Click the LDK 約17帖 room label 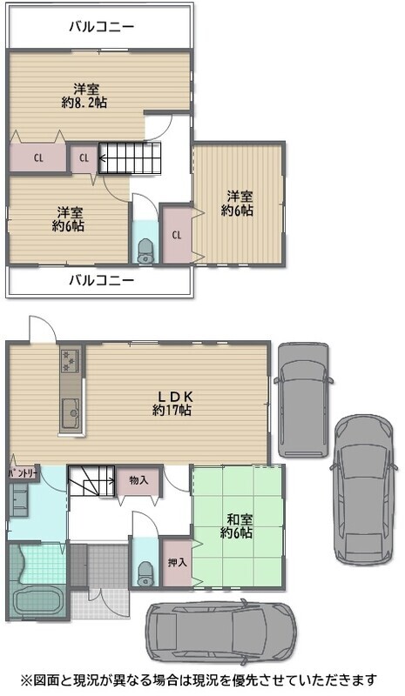[172, 403]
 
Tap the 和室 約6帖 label [237, 525]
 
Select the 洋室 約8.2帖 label [84, 96]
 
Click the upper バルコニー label [101, 27]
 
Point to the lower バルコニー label [101, 280]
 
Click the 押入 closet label [177, 562]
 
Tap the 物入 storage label [138, 480]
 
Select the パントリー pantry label [23, 473]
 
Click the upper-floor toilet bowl [145, 251]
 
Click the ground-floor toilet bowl [145, 574]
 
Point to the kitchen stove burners [71, 361]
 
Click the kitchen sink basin [71, 413]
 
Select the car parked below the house [221, 632]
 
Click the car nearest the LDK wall [304, 400]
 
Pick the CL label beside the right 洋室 [177, 235]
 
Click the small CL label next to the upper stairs [84, 157]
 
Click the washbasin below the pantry [19, 499]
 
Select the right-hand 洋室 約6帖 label [238, 204]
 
